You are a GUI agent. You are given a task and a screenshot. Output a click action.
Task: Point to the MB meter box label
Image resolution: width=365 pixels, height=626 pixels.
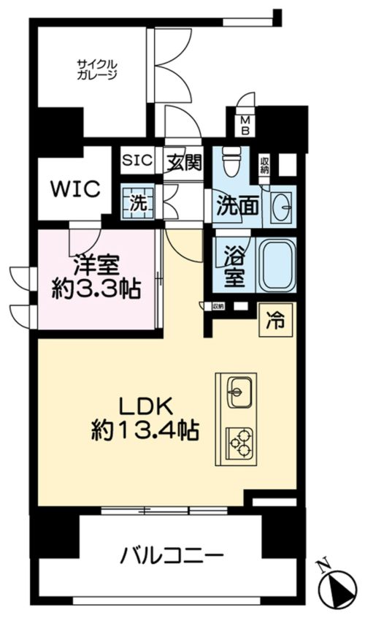(x=245, y=126)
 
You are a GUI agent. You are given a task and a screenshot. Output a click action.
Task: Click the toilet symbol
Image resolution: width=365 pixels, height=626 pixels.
(x=231, y=163)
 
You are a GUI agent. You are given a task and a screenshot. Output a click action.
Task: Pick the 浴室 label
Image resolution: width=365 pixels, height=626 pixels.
(x=235, y=268)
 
